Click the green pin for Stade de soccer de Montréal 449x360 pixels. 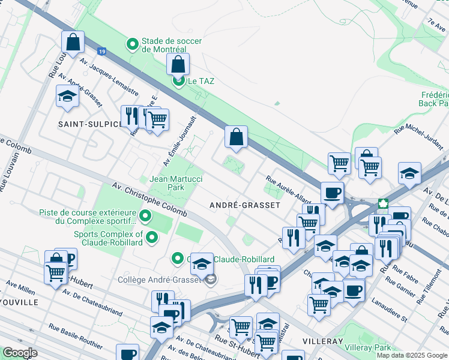pyautogui.click(x=133, y=44)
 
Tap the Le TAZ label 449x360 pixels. pyautogui.click(x=201, y=81)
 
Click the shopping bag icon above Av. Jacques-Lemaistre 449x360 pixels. pyautogui.click(x=72, y=43)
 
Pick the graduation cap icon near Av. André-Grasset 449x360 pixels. pyautogui.click(x=67, y=96)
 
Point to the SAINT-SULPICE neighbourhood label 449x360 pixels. pyautogui.click(x=89, y=124)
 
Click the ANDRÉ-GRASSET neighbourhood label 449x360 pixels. pyautogui.click(x=244, y=205)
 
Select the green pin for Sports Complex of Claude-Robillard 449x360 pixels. pyautogui.click(x=152, y=238)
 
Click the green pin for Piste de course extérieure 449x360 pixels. pyautogui.click(x=145, y=216)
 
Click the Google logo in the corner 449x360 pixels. pyautogui.click(x=20, y=353)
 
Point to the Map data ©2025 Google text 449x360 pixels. pyautogui.click(x=411, y=355)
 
